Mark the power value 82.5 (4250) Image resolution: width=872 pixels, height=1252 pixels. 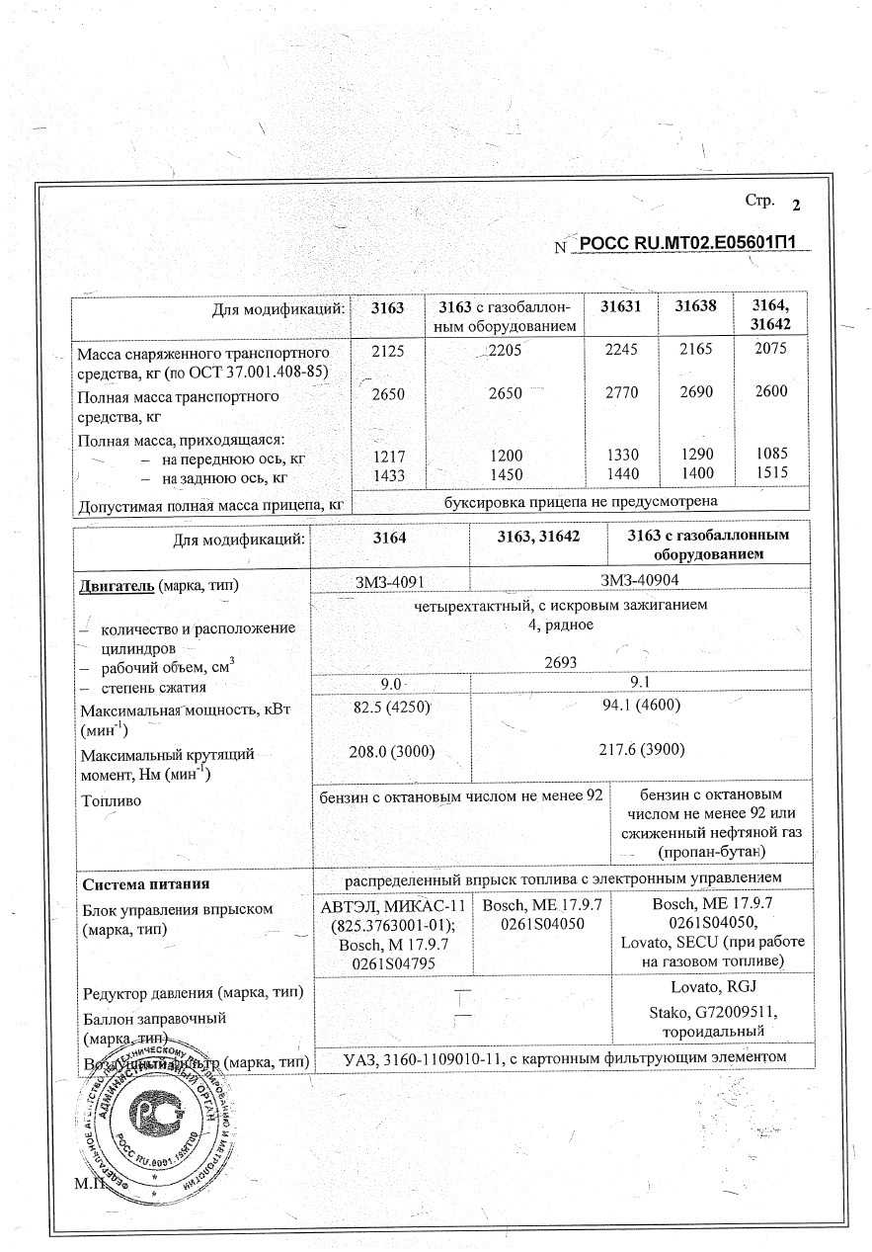tap(389, 708)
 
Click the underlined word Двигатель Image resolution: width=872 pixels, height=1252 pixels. tap(116, 585)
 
